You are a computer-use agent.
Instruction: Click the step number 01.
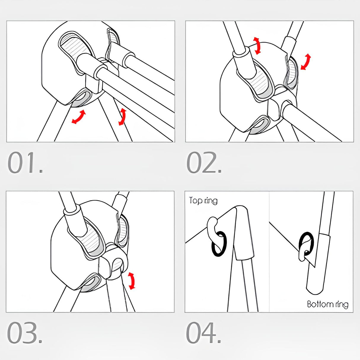point(25,163)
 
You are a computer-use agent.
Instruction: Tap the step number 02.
point(204,163)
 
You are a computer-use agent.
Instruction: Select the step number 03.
point(24,333)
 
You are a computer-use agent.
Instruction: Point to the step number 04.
point(204,333)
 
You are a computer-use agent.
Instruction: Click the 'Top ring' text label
point(203,201)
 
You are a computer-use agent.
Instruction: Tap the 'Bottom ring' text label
point(327,305)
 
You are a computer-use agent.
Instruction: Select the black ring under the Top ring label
point(219,243)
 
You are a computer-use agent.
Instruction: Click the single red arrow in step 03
point(131,281)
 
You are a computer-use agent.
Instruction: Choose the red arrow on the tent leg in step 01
point(122,117)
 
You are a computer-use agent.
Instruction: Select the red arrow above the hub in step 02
point(257,46)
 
